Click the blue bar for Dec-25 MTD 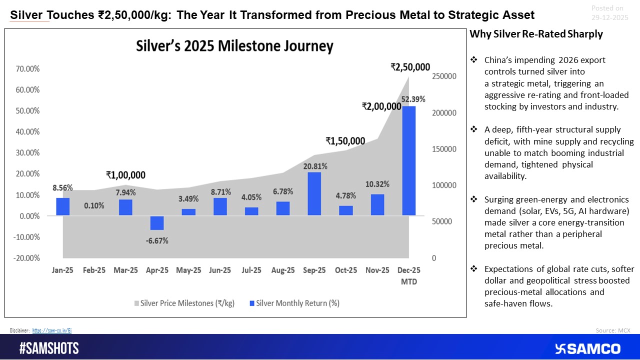click(408, 160)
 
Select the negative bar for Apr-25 click(157, 223)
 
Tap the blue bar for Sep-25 click(314, 193)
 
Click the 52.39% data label click(413, 99)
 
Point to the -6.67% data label click(157, 241)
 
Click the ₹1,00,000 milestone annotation click(125, 175)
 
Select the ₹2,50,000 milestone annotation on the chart click(410, 67)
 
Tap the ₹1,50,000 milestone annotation click(345, 141)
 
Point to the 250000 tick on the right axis click(443, 76)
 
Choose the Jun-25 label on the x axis click(220, 270)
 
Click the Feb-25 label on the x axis click(94, 270)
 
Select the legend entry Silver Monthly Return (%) click(294, 303)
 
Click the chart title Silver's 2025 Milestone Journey click(234, 46)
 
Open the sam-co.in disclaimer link click(52, 330)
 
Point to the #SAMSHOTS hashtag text click(49, 348)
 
